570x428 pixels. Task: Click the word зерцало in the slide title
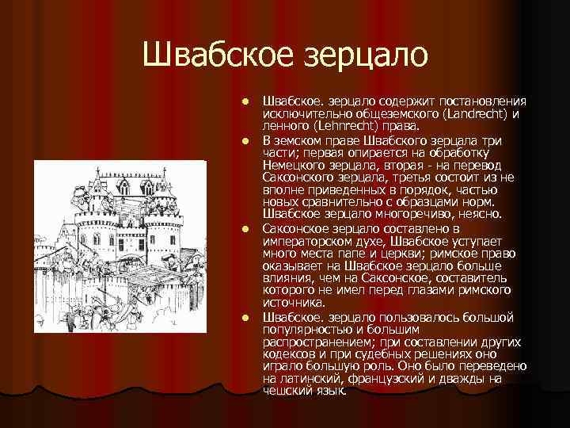363,55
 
